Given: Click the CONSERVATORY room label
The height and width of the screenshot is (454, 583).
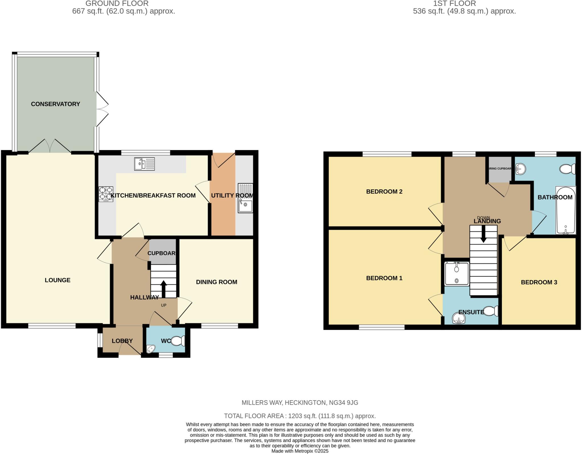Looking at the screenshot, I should click(x=56, y=104).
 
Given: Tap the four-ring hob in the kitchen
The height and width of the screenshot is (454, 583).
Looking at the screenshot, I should click(x=106, y=194).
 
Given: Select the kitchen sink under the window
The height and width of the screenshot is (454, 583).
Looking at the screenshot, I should click(x=144, y=164).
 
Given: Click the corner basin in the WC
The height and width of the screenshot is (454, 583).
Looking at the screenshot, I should click(x=151, y=349).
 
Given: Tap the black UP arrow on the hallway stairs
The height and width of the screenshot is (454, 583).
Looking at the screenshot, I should click(x=164, y=289).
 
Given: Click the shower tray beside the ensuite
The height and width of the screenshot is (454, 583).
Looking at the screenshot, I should click(x=457, y=274).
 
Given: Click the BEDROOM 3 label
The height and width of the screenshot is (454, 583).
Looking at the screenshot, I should click(x=539, y=282).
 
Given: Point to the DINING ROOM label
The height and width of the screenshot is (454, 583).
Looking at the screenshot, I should click(x=216, y=282).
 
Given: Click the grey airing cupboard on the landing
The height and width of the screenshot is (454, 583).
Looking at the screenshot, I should click(x=500, y=170).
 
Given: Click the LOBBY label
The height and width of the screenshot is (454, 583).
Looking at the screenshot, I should click(x=122, y=341).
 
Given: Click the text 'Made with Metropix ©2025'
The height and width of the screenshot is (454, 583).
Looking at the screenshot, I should click(x=300, y=451).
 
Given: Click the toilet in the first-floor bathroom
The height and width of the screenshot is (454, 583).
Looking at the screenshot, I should click(x=567, y=169).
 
